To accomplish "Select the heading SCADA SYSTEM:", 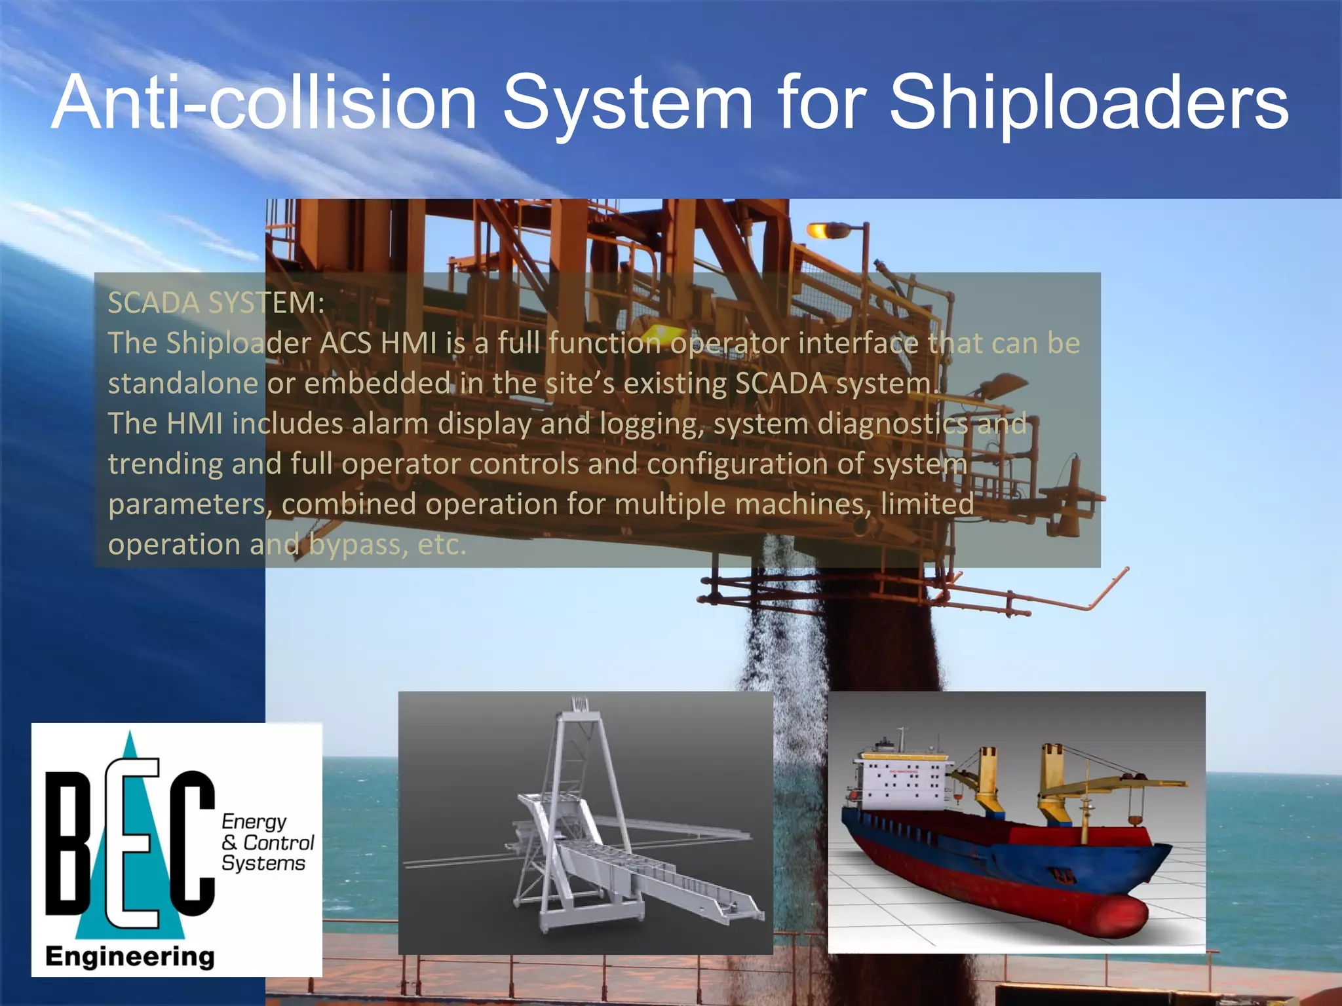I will click(216, 303).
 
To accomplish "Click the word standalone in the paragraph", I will click(183, 384).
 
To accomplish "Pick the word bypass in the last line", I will click(358, 545).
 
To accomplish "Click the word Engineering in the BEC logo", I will click(130, 957).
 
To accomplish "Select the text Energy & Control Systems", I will click(267, 842).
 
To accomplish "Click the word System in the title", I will click(627, 103).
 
